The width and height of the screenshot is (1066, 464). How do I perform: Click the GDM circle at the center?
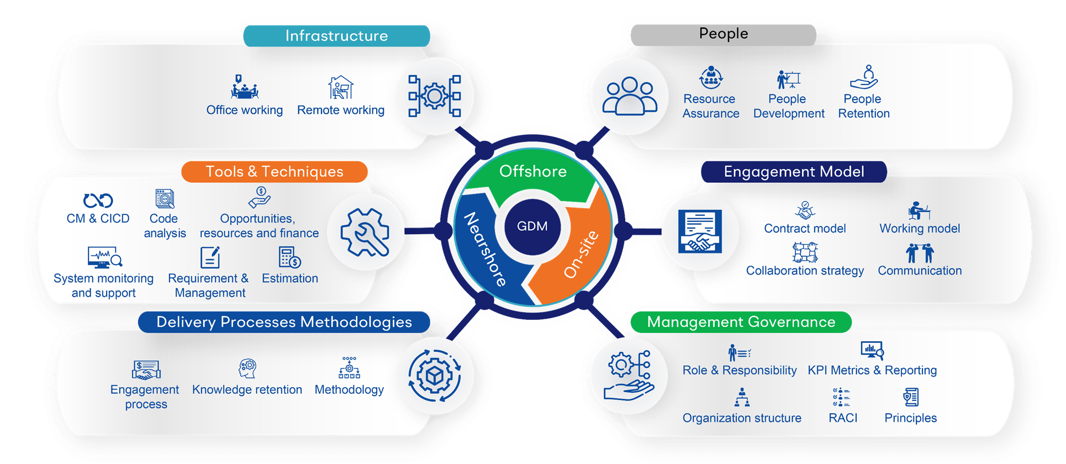click(532, 226)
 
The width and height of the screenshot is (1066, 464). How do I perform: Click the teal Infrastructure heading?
click(336, 36)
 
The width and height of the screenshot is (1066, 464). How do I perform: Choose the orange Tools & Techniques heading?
click(275, 172)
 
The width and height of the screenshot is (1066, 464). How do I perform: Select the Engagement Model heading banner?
click(794, 172)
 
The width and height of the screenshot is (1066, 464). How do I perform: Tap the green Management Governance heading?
click(741, 322)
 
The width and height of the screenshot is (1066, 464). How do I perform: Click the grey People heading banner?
click(723, 34)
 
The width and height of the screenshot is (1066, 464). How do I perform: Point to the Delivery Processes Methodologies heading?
click(284, 322)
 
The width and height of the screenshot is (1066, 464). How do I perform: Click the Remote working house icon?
click(341, 88)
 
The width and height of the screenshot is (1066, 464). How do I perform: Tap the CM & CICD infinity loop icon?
click(98, 200)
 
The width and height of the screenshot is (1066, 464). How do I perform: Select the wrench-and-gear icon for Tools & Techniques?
click(364, 233)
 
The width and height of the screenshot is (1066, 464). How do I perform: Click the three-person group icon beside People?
click(629, 96)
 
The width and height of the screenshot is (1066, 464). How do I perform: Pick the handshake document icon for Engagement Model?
click(700, 231)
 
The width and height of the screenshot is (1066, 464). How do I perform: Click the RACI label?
click(843, 418)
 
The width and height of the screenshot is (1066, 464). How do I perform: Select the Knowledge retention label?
click(247, 390)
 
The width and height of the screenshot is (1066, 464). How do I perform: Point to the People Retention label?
click(864, 107)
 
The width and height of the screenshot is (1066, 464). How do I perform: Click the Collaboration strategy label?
click(805, 271)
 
